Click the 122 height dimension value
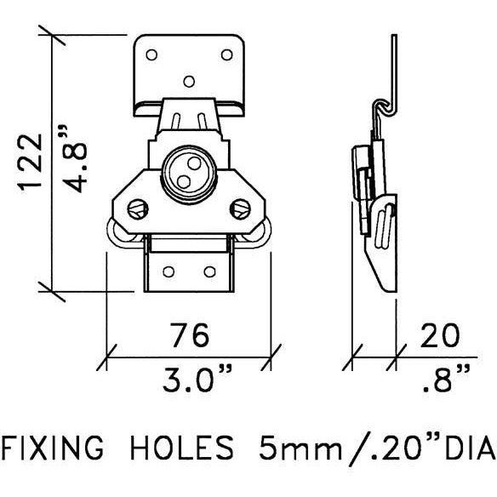(x=31, y=163)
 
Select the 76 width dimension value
(x=190, y=334)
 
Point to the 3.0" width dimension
(x=197, y=379)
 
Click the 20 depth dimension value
(x=440, y=334)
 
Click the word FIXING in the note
(x=53, y=448)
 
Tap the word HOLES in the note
(x=182, y=448)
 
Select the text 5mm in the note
(x=300, y=448)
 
